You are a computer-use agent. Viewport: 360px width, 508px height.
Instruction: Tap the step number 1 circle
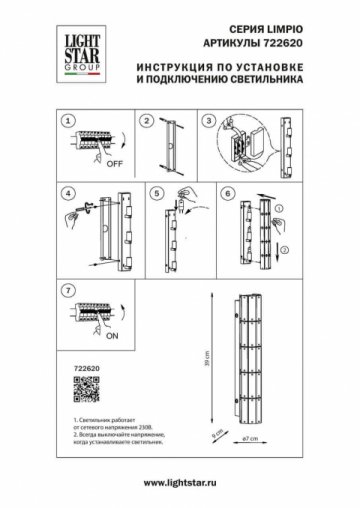(67, 121)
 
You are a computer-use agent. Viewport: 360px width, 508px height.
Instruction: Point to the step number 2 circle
(147, 121)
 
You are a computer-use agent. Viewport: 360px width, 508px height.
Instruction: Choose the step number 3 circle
(211, 121)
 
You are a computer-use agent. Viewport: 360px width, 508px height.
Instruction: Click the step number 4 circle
(67, 191)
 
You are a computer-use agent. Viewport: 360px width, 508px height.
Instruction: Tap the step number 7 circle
(67, 291)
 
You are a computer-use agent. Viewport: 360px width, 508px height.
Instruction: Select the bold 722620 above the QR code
(74, 370)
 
